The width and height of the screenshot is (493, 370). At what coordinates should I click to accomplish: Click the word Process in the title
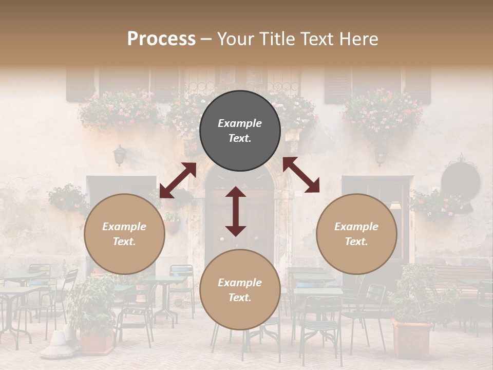tap(161, 39)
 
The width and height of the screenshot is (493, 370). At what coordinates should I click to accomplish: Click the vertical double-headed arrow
tap(236, 211)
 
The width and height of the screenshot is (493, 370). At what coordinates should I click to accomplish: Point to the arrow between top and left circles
tap(178, 180)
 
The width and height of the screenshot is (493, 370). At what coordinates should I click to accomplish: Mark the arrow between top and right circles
tap(301, 175)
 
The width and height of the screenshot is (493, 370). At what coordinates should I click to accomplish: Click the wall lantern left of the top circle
tap(120, 155)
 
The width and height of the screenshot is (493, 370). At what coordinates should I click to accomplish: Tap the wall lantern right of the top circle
tap(381, 154)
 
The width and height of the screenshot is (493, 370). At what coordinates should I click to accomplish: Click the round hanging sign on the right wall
tap(460, 181)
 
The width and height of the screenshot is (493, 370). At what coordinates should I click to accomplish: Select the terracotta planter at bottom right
tap(411, 339)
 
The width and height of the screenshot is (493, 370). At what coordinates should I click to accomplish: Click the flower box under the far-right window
tap(383, 114)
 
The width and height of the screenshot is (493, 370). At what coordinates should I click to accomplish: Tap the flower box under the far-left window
tap(119, 110)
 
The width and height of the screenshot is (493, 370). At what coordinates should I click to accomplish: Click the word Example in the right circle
tap(356, 227)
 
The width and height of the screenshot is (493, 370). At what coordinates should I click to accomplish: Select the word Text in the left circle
tap(124, 242)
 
